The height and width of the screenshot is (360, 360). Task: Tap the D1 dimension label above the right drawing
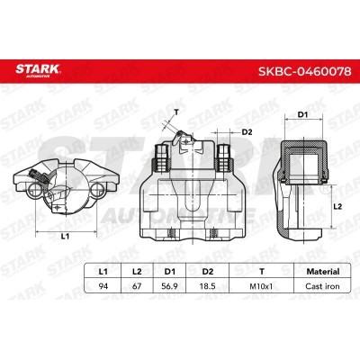[x=304, y=115]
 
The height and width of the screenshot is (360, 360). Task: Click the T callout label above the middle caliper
[x=176, y=112]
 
